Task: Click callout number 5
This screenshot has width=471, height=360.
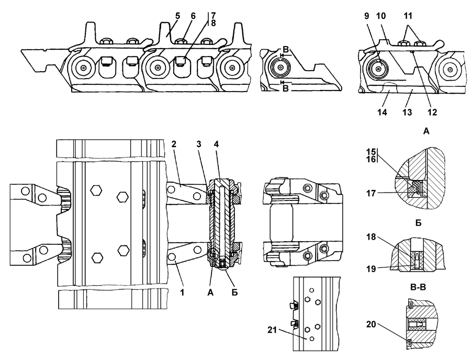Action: click(177, 16)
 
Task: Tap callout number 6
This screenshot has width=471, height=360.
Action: click(193, 16)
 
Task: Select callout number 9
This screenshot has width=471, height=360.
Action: click(366, 16)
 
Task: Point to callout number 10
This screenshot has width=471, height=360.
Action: click(381, 16)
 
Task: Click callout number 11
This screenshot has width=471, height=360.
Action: click(408, 16)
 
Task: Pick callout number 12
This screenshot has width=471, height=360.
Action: click(432, 112)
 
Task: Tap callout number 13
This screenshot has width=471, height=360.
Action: click(407, 112)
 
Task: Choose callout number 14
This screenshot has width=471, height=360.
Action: click(382, 112)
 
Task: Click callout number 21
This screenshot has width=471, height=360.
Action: click(272, 330)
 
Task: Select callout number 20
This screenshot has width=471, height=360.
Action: click(371, 324)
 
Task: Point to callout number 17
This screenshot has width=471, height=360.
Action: click(371, 194)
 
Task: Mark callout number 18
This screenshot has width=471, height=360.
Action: click(371, 237)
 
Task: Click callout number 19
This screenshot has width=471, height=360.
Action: click(371, 268)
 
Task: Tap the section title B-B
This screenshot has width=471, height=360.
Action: click(418, 287)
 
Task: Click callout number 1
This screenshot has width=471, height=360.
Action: click(182, 292)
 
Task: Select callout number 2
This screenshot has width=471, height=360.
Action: click(173, 144)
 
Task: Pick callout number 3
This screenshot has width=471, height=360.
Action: click(199, 144)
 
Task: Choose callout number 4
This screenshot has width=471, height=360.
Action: click(216, 144)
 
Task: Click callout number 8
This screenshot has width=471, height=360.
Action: click(214, 23)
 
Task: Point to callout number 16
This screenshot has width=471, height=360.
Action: click(371, 159)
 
